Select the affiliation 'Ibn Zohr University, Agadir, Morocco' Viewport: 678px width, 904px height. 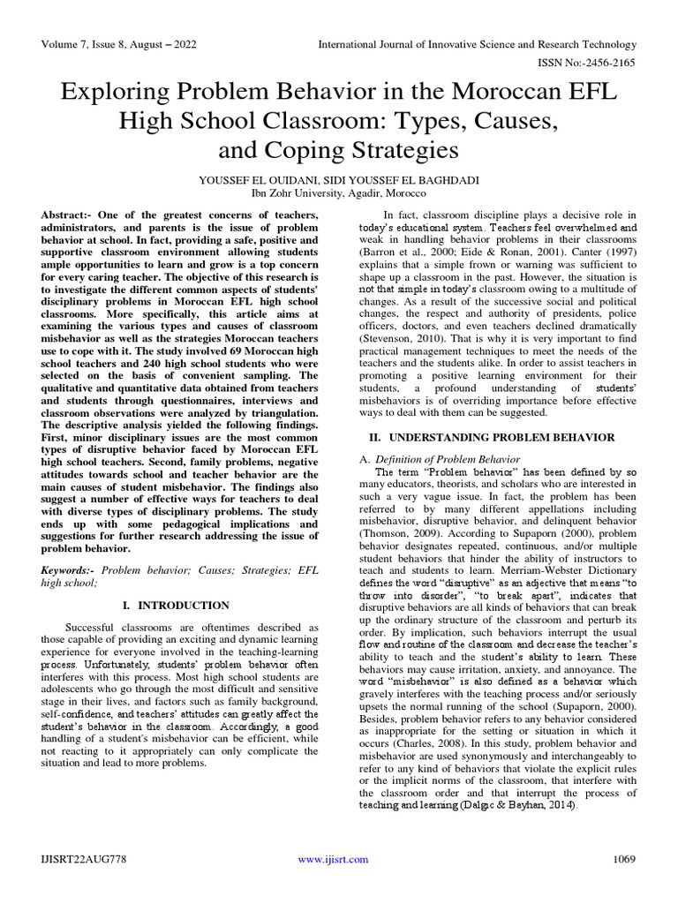339,192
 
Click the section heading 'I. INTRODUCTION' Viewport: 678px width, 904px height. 186,605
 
